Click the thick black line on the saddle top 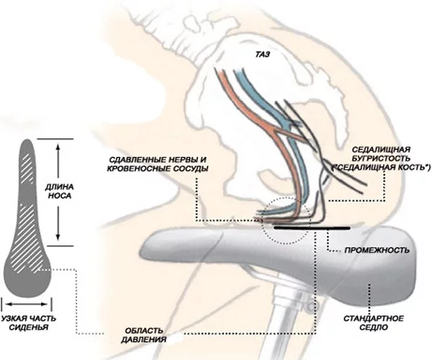[x=313, y=228]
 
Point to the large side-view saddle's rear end [x=403, y=248]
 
